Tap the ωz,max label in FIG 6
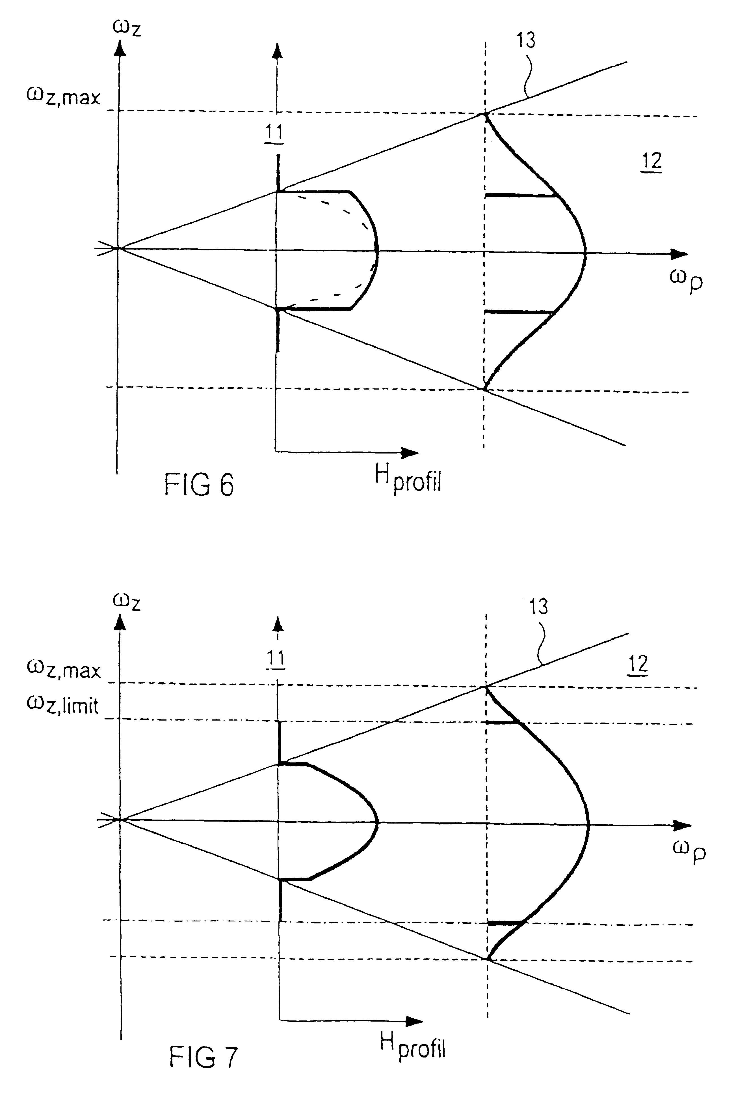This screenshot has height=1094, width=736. pyautogui.click(x=63, y=97)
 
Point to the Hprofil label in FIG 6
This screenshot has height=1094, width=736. pyautogui.click(x=408, y=479)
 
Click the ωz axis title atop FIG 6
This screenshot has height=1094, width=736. pyautogui.click(x=127, y=27)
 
